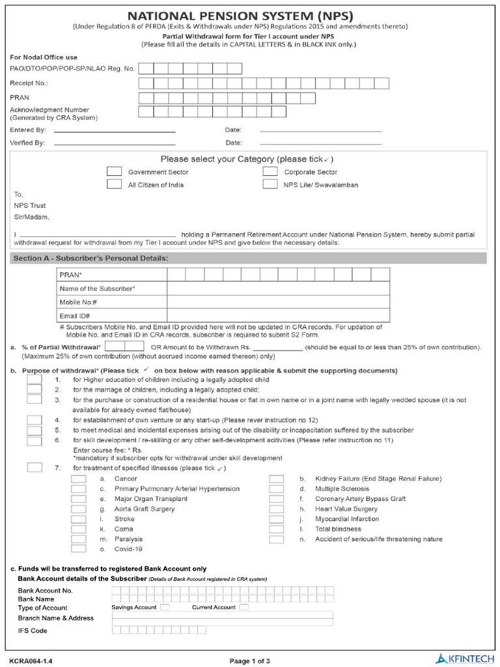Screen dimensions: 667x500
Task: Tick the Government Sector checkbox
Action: [x=114, y=171]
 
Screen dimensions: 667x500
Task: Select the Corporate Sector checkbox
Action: [x=270, y=171]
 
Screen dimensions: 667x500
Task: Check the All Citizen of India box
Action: [x=114, y=184]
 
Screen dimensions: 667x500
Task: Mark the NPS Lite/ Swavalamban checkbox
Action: [x=270, y=184]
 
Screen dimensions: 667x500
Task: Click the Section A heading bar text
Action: [x=90, y=259]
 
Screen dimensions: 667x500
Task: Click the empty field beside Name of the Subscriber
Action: [x=278, y=289]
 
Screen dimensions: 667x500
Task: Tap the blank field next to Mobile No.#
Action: [x=278, y=302]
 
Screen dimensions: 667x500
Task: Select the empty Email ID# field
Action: [x=278, y=316]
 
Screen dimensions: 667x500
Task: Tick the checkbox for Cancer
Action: [x=78, y=479]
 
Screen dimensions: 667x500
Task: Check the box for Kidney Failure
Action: [x=277, y=479]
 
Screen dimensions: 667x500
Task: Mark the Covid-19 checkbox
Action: [x=78, y=549]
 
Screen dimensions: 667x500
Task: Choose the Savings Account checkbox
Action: [x=165, y=607]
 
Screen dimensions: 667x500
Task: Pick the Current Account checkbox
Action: [x=244, y=607]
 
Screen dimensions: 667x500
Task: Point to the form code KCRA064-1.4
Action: [x=31, y=661]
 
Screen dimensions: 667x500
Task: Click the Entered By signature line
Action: [x=115, y=132]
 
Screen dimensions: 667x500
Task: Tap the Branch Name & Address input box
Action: [x=223, y=617]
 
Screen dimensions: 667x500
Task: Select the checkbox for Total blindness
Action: [x=277, y=529]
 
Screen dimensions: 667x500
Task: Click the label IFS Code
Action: [x=33, y=631]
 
